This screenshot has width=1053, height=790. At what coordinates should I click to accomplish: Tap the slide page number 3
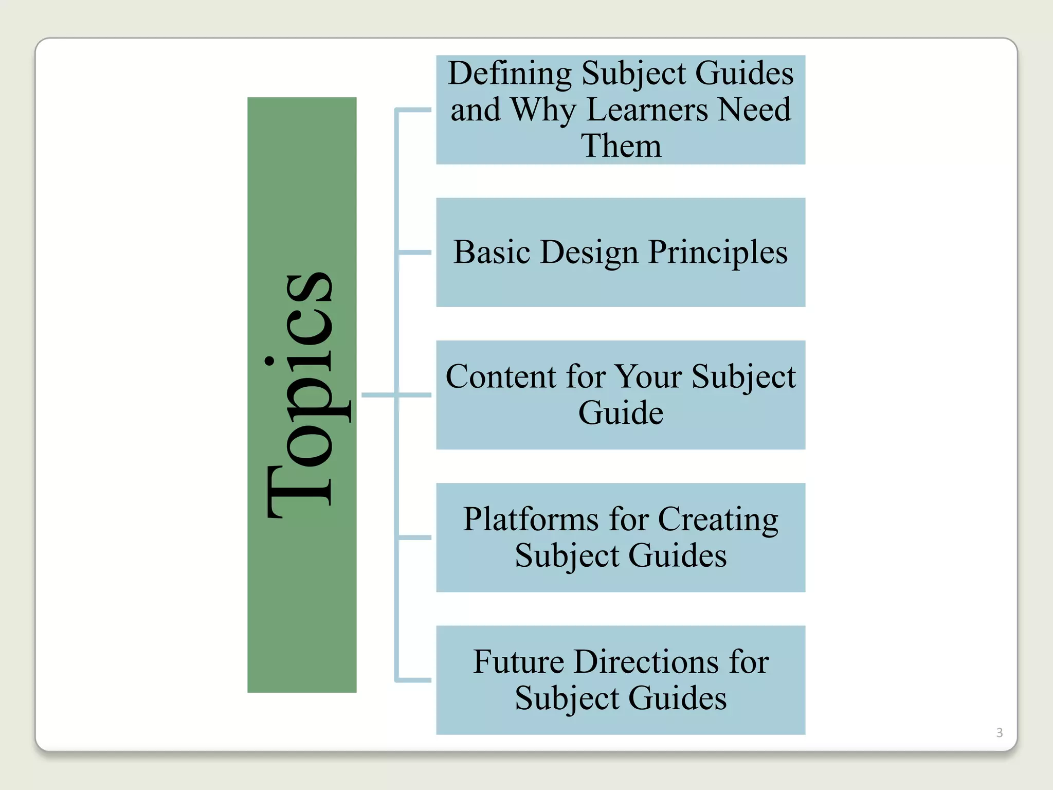[x=999, y=732]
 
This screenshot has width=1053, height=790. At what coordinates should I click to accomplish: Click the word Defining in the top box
[x=509, y=73]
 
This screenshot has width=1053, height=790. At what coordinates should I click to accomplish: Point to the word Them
[x=621, y=146]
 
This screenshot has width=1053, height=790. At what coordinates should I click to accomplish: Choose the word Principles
[x=718, y=252]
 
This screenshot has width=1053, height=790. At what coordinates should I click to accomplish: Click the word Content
[x=500, y=376]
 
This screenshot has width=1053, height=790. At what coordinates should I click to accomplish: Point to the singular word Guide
[x=621, y=413]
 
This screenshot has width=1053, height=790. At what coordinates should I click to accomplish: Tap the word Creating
[x=718, y=519]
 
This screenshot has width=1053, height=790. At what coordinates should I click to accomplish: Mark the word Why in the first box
[x=543, y=110]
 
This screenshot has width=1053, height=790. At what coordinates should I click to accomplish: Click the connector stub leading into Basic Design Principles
[x=414, y=253]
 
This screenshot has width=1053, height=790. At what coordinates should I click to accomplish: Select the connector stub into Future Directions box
[x=414, y=680]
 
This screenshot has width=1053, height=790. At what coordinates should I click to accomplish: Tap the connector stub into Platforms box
[x=414, y=537]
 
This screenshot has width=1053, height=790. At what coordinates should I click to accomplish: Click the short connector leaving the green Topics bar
[x=378, y=395]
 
